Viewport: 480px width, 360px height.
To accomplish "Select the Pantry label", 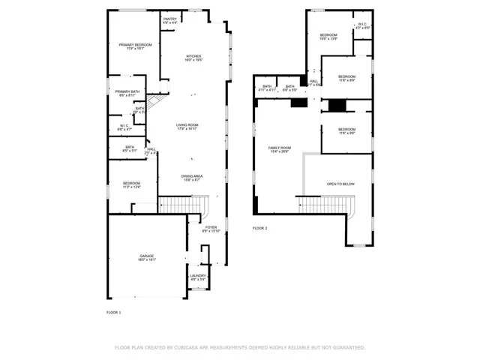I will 170,21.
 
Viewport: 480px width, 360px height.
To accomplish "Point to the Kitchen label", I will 194,58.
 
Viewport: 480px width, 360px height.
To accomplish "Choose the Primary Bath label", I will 127,93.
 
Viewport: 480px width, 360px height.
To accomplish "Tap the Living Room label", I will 192,127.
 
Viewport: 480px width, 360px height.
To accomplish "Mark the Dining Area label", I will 191,178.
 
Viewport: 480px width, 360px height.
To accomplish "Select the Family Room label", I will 280,150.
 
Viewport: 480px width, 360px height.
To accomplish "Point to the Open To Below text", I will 340,184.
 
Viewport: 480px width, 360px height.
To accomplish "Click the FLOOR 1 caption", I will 114,312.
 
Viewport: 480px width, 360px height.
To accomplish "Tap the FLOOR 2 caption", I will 259,228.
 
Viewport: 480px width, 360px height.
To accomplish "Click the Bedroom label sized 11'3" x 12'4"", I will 131,184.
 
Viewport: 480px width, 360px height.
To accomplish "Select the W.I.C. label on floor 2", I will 362,26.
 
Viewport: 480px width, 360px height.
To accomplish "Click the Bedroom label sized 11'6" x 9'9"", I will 346,79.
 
